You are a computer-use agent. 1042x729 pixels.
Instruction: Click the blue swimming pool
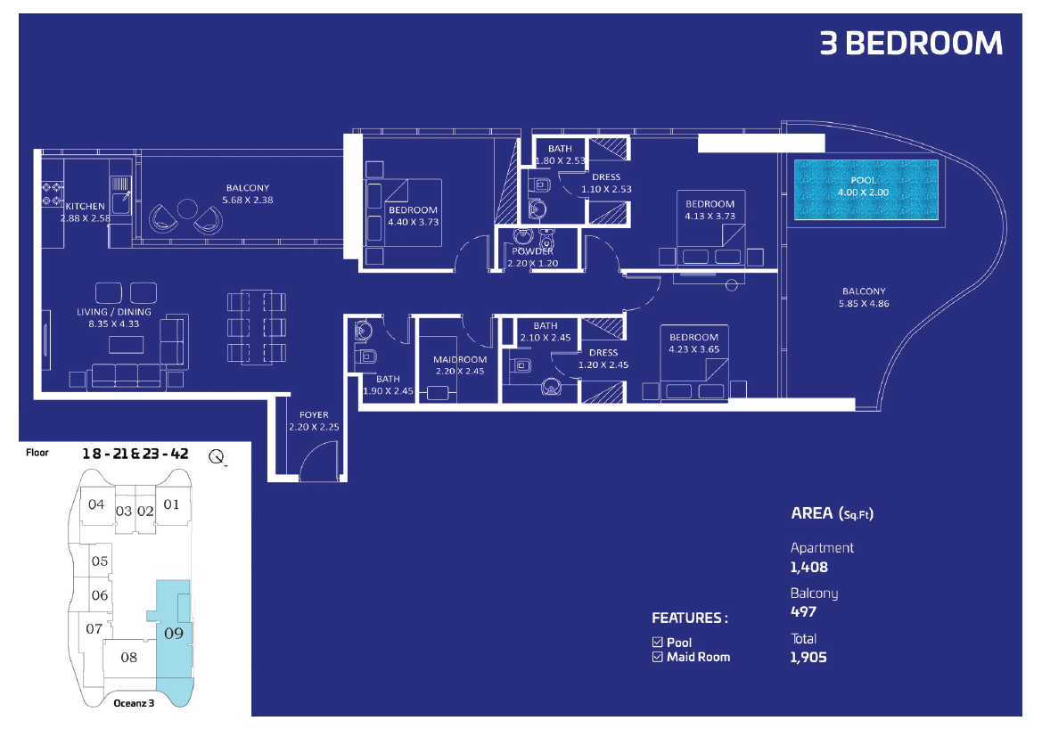866,190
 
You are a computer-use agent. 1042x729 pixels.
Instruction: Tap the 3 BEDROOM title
911,44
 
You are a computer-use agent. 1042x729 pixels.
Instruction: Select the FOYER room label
314,414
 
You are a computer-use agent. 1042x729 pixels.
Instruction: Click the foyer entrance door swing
319,461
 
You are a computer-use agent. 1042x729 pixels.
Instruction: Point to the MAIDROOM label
460,359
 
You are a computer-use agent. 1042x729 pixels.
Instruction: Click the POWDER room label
532,251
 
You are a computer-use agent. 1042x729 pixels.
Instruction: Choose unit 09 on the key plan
174,634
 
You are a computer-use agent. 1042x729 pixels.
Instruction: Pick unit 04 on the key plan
96,504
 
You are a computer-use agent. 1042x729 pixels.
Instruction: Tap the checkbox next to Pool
657,642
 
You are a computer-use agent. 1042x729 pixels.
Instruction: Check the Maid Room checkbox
657,657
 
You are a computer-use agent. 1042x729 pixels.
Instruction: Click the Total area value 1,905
808,657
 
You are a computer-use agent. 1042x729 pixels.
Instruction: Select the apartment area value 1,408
808,567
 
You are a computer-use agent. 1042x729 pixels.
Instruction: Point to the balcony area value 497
803,611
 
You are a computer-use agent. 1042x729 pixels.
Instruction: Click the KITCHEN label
85,206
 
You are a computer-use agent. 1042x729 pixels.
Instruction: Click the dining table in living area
257,327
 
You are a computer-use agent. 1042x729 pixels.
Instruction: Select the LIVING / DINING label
113,312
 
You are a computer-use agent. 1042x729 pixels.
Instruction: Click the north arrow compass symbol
217,457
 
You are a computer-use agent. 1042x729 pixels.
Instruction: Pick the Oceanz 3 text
134,703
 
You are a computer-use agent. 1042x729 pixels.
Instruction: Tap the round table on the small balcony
187,209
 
